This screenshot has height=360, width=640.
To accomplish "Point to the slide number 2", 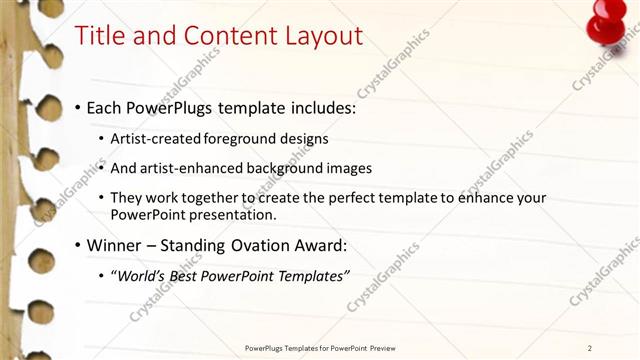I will (x=590, y=348).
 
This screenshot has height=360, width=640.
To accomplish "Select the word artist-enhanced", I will (x=189, y=168).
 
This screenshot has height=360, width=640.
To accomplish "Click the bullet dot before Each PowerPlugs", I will (x=78, y=107).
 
